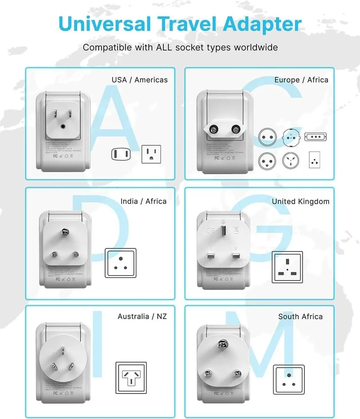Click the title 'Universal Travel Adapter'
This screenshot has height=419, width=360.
180,24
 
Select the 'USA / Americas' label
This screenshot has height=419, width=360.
140,80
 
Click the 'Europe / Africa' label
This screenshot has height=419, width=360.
301,80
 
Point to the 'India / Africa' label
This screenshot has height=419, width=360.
143,201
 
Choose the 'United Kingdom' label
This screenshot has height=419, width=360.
300,201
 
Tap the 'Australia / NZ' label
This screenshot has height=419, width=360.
142,316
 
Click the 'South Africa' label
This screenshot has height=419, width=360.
300,316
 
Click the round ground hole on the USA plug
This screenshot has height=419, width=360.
63,127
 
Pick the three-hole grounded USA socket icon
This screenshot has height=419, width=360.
151,154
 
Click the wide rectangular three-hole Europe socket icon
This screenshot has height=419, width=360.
316,137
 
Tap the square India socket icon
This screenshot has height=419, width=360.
121,263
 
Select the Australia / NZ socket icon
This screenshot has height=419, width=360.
131,377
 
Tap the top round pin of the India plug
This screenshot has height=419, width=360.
64,231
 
